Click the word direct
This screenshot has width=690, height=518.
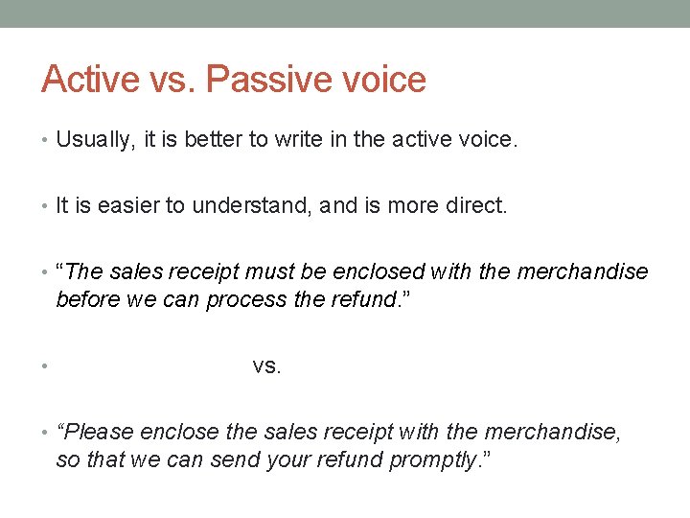point(473,205)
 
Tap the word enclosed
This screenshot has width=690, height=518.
point(387,271)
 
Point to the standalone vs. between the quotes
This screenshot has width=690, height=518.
point(267,365)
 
